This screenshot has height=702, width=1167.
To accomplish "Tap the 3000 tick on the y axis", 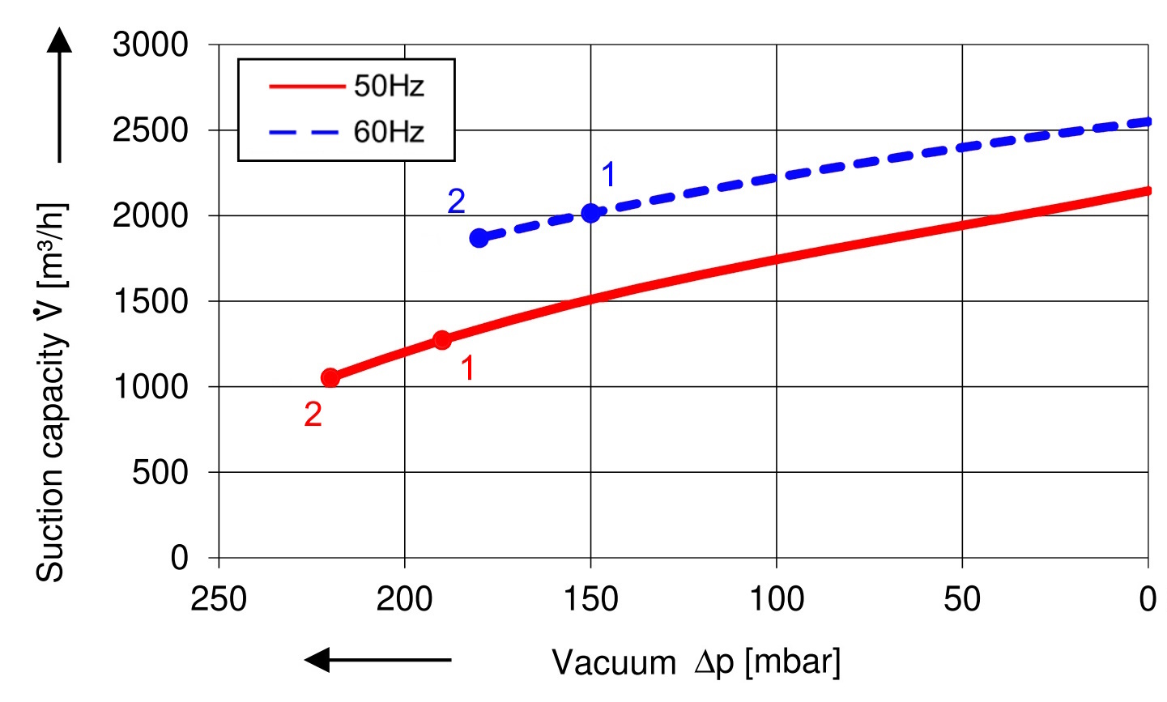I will tap(150, 45).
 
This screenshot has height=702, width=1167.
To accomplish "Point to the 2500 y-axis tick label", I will tap(150, 130).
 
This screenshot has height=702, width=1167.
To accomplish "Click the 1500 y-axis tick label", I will tap(150, 301).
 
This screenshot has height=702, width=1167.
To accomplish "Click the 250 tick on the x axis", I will tap(219, 600).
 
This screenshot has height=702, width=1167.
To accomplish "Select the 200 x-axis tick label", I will tap(404, 600).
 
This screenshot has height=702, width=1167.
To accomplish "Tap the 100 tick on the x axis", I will tap(776, 600).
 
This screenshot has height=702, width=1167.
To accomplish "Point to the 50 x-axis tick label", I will tap(962, 600).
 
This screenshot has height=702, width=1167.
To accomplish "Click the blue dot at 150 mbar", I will tap(590, 213).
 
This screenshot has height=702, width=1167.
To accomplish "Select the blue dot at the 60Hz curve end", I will tap(479, 238).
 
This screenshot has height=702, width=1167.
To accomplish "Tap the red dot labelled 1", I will tap(441, 340).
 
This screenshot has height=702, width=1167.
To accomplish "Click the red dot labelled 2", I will tap(330, 377).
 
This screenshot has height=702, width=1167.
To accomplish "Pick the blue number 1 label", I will tap(608, 175).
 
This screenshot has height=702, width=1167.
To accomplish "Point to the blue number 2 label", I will tap(456, 202).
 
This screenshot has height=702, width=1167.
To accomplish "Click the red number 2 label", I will tap(313, 415).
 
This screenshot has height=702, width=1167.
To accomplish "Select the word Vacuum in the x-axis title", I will tap(613, 663).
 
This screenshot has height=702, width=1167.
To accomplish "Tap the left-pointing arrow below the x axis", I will tap(377, 660).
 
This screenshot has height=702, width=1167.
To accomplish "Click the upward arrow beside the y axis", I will tap(59, 93).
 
